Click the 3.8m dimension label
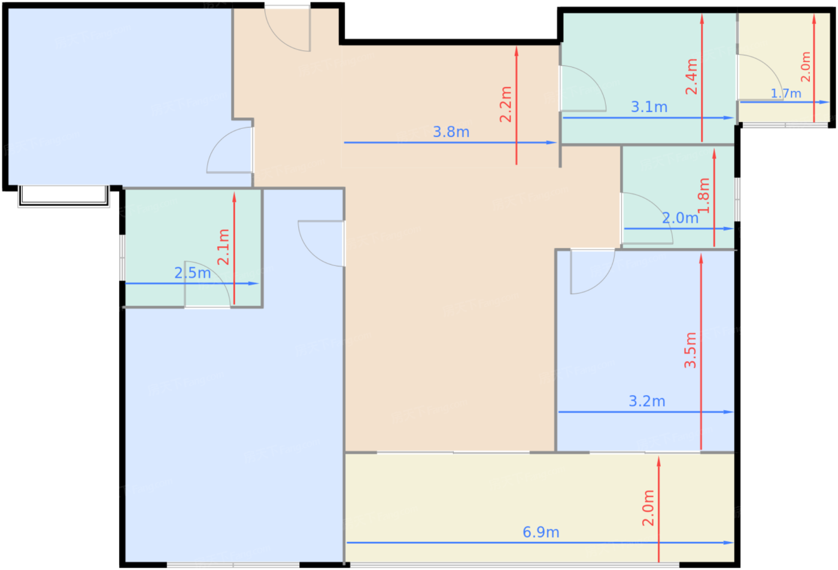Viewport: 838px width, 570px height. tap(451, 132)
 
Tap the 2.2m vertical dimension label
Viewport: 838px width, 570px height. tap(506, 104)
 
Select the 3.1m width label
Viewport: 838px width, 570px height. tap(649, 107)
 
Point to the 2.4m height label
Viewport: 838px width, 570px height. tap(691, 77)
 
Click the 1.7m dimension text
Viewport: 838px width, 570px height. tap(786, 93)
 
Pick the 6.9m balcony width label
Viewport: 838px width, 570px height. tap(541, 532)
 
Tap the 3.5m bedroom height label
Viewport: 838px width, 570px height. tap(690, 350)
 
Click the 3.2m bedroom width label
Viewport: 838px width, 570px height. tap(647, 402)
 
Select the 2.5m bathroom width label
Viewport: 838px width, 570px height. tap(193, 273)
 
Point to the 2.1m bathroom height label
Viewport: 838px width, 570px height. tap(223, 247)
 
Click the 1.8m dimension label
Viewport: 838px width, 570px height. tap(704, 195)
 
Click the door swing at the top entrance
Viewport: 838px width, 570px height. tap(287, 28)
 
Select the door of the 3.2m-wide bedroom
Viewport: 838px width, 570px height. tap(593, 272)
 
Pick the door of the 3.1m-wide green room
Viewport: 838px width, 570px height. tap(583, 89)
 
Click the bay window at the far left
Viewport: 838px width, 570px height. tap(63, 196)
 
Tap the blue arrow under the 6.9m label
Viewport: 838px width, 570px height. tap(540, 542)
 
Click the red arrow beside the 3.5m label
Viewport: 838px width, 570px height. tap(701, 351)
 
